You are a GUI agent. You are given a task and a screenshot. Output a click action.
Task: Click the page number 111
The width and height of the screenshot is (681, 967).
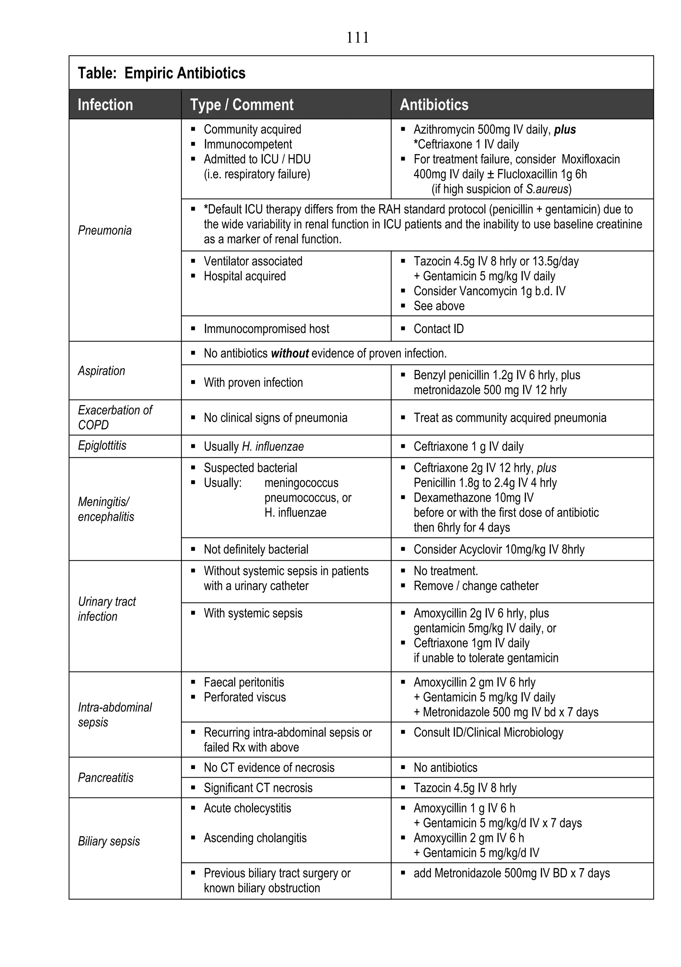(357, 38)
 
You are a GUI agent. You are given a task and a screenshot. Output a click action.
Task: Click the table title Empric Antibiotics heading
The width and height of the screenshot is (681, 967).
(162, 73)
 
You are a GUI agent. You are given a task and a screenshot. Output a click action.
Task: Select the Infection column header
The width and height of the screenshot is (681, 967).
(105, 104)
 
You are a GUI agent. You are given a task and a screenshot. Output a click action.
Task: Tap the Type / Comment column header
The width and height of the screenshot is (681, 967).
(242, 104)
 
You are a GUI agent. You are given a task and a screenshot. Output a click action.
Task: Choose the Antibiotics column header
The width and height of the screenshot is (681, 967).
(434, 104)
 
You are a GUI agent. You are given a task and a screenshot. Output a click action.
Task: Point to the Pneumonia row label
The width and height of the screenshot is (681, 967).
(105, 230)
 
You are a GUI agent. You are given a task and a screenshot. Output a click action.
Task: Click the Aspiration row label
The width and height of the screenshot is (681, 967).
(101, 371)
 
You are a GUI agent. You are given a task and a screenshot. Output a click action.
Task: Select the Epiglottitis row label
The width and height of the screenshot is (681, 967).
(102, 446)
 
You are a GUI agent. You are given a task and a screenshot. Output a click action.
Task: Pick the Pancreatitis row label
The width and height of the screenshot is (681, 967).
(106, 777)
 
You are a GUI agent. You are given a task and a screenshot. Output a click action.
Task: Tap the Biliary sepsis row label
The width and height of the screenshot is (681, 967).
(109, 841)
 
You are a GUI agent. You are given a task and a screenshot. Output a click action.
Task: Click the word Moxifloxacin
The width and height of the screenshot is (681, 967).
(591, 159)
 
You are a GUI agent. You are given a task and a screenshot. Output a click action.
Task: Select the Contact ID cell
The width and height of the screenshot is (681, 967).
(439, 328)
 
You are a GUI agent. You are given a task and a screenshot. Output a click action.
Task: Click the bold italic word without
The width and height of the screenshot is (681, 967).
(290, 353)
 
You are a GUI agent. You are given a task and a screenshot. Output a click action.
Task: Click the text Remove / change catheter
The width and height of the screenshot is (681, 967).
(476, 586)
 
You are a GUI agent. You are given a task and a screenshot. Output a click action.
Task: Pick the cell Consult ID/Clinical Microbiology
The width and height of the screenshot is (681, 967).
(488, 732)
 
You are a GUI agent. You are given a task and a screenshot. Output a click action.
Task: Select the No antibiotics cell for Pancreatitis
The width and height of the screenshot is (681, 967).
(445, 767)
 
